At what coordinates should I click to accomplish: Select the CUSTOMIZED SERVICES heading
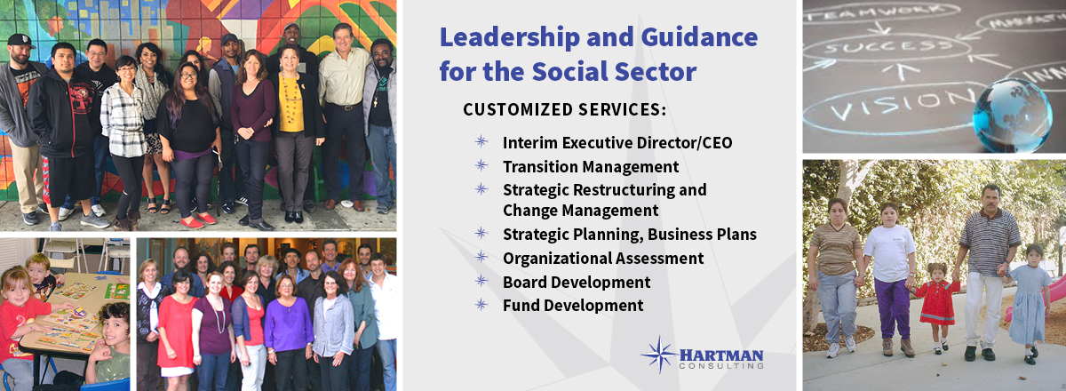[x=564, y=109]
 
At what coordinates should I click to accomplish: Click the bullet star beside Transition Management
[x=481, y=166]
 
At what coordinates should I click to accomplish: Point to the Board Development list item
[x=577, y=282]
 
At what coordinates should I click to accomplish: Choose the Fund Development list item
[x=573, y=306]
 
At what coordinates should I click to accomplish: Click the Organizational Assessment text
[x=603, y=258]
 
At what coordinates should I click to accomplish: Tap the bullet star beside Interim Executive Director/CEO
[x=481, y=141]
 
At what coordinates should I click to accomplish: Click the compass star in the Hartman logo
[x=659, y=355]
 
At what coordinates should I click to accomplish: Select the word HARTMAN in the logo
[x=721, y=355]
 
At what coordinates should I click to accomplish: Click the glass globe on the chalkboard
[x=1011, y=116]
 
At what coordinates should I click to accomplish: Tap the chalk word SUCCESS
[x=888, y=47]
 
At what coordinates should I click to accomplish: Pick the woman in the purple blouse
[x=288, y=329]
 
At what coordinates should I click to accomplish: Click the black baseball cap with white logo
[x=20, y=41]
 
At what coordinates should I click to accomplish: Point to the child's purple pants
[x=892, y=308]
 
